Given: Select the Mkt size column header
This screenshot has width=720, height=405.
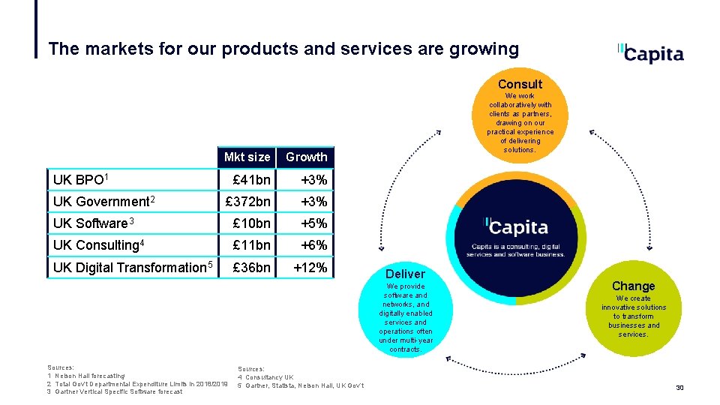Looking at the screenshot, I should pos(247,157).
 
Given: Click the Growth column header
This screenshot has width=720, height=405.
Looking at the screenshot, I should pos(306,157).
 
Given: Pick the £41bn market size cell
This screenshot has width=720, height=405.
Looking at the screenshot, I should pos(251,180).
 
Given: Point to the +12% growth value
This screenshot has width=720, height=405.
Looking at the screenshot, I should pos(310,267).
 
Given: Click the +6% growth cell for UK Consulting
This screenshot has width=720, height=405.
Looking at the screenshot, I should pos(313,245).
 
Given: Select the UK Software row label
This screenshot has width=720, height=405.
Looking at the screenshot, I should pos(93,223).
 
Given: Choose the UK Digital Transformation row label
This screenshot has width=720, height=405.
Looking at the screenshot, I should pos(133,267).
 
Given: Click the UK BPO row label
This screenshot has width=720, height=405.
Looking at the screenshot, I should pos(82,180).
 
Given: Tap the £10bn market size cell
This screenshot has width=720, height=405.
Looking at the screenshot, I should pos(251,223).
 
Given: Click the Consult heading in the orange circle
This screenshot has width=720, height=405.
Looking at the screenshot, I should pos(520,84).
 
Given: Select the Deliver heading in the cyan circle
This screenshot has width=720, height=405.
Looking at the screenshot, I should pos(405,274).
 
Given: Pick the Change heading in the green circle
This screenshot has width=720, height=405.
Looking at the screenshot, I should pos(633,286).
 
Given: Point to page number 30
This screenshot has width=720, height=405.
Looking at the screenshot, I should pos(679,388).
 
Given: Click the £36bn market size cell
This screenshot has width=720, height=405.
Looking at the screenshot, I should pos(251,267).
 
